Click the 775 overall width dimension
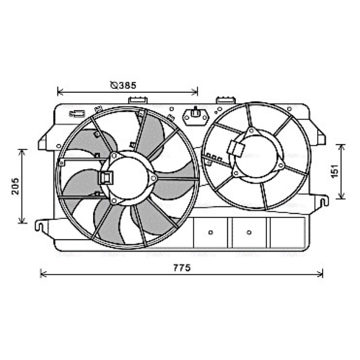click(x=182, y=268)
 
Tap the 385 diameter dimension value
click(x=127, y=85)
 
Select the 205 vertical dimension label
click(x=15, y=186)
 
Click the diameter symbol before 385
click(x=114, y=85)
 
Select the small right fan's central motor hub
click(x=256, y=157)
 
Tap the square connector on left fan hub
click(x=106, y=178)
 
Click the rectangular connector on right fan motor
click(x=236, y=148)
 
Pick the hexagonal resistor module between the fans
click(x=196, y=117)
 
